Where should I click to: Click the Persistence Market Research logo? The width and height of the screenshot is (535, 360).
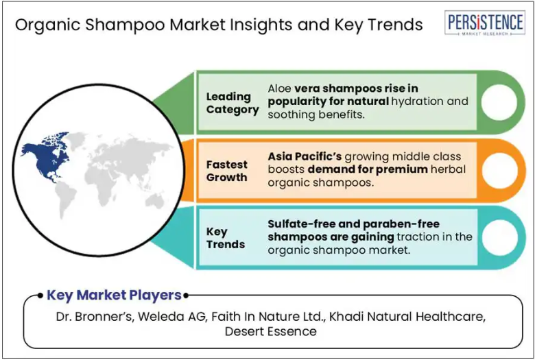tap(485, 23)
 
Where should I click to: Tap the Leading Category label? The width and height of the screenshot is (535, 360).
tap(233, 103)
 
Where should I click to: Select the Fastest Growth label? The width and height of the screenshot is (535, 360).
tap(226, 171)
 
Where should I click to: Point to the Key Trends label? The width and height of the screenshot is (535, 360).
tap(225, 238)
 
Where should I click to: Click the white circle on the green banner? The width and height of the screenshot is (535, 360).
tap(499, 102)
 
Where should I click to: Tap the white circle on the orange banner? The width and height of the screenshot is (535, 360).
tap(499, 170)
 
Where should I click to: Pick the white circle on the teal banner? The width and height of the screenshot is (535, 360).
tap(499, 238)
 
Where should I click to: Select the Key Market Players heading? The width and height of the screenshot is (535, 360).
tap(114, 295)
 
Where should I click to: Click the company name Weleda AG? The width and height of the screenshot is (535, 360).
tap(172, 317)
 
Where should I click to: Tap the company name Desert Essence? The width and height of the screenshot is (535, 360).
tap(270, 331)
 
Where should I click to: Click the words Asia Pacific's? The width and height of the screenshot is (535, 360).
tap(305, 156)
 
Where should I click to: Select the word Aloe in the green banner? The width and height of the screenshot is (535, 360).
tap(279, 88)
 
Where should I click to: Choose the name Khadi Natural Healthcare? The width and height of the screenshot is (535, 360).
tap(407, 317)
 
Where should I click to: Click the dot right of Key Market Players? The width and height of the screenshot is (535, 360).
tap(186, 296)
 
